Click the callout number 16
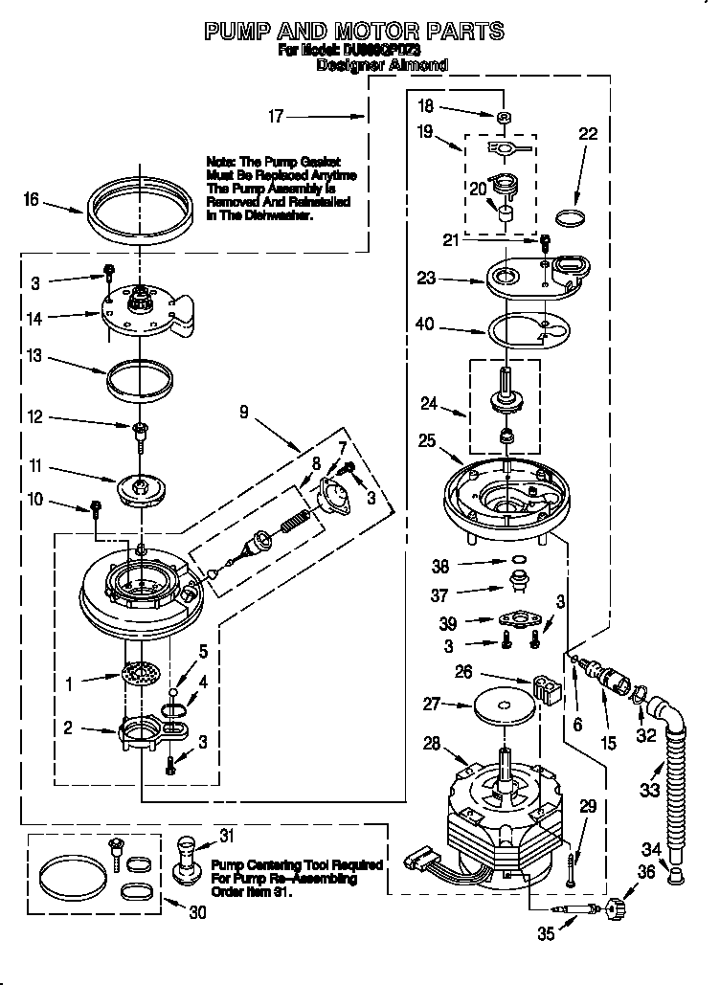(32, 199)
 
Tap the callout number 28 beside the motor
(431, 743)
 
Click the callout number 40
(424, 325)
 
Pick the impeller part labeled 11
(142, 488)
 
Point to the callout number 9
(244, 413)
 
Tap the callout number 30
(197, 913)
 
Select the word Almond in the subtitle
(418, 65)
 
